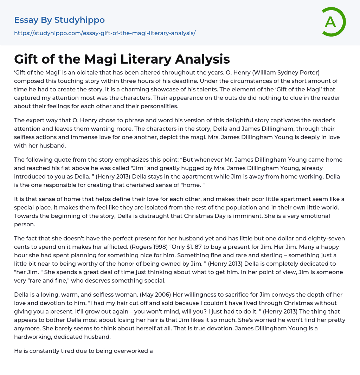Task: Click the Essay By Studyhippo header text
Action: [59, 20]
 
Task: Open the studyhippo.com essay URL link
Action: [105, 33]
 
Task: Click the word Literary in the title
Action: [136, 59]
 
